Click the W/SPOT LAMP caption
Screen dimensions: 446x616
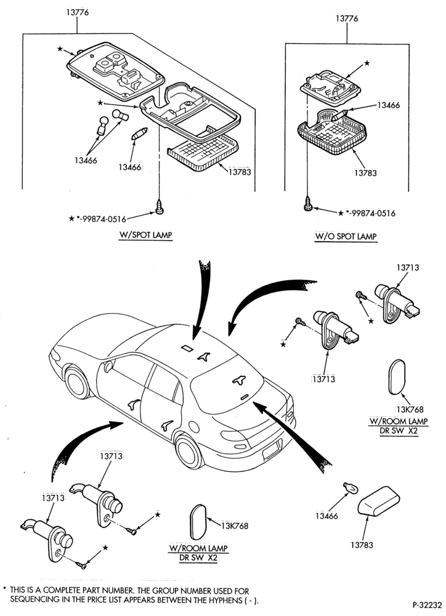(146, 235)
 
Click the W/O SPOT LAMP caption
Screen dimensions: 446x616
(346, 237)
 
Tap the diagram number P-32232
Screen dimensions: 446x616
(427, 604)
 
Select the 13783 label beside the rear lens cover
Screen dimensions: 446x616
(362, 545)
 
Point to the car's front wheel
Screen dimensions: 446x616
(77, 383)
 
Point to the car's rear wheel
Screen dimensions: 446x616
(189, 450)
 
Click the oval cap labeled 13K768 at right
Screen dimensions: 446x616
(397, 377)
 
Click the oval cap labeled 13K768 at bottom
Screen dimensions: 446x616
(198, 522)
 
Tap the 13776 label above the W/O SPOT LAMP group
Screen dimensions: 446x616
(347, 18)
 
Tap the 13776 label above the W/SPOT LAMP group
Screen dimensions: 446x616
(77, 12)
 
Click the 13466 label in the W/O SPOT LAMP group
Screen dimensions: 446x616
(388, 105)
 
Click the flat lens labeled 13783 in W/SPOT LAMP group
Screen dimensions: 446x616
(203, 153)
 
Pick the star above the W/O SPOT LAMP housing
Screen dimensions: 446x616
(367, 63)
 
